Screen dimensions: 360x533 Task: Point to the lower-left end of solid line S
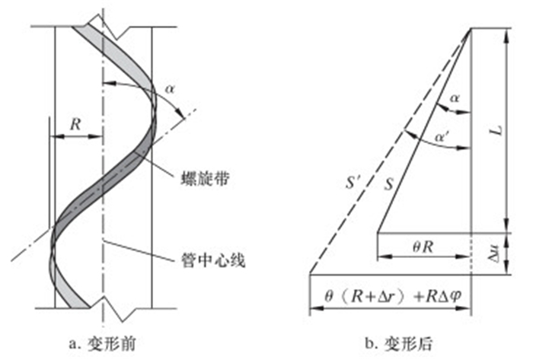378,233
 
